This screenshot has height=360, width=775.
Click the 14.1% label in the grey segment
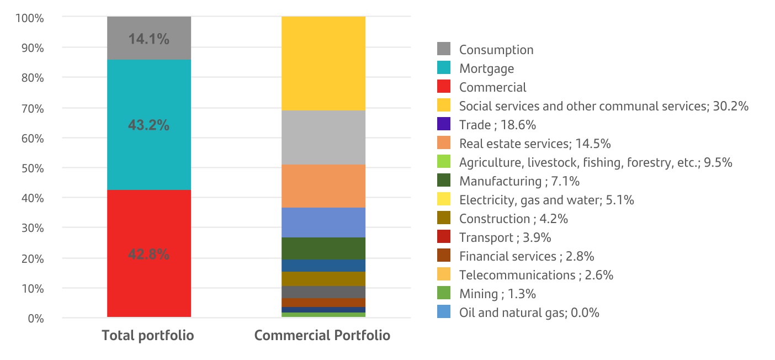(148, 39)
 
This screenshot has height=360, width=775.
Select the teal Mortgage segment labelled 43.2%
(148, 125)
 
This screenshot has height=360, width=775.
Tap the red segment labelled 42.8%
(148, 254)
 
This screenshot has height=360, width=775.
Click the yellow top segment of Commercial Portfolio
(323, 63)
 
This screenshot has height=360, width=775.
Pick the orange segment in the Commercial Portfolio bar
(323, 186)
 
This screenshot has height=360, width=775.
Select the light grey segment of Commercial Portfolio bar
(323, 137)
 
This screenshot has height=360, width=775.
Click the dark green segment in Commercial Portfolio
(323, 248)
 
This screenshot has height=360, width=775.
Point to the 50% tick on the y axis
(32, 168)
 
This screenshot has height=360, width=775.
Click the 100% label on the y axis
(30, 18)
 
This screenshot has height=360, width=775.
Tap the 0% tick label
(35, 319)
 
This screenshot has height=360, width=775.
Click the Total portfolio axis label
(148, 335)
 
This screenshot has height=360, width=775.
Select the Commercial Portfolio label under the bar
(322, 335)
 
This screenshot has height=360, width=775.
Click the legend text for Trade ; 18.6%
(497, 125)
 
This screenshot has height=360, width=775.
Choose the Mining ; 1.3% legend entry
(497, 294)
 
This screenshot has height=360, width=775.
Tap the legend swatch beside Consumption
(443, 50)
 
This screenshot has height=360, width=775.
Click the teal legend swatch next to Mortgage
(443, 68)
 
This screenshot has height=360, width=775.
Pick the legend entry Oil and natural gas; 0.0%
(529, 313)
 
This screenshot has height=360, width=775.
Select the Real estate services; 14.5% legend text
(534, 144)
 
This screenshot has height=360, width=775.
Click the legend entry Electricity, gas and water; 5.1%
(546, 200)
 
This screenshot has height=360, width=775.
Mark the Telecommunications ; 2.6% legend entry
(536, 275)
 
